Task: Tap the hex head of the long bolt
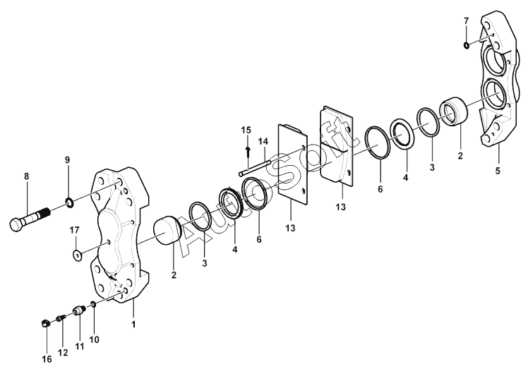tap(18, 225)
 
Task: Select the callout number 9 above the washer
tap(68, 160)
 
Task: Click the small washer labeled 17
tap(75, 254)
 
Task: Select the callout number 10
tap(94, 339)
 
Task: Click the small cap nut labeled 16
tap(44, 324)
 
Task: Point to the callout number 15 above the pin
tap(246, 130)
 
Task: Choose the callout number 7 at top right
tap(467, 21)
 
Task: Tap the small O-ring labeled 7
tap(467, 46)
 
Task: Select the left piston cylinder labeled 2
tap(168, 233)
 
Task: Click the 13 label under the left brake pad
tap(291, 229)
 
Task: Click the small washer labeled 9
tap(70, 205)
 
